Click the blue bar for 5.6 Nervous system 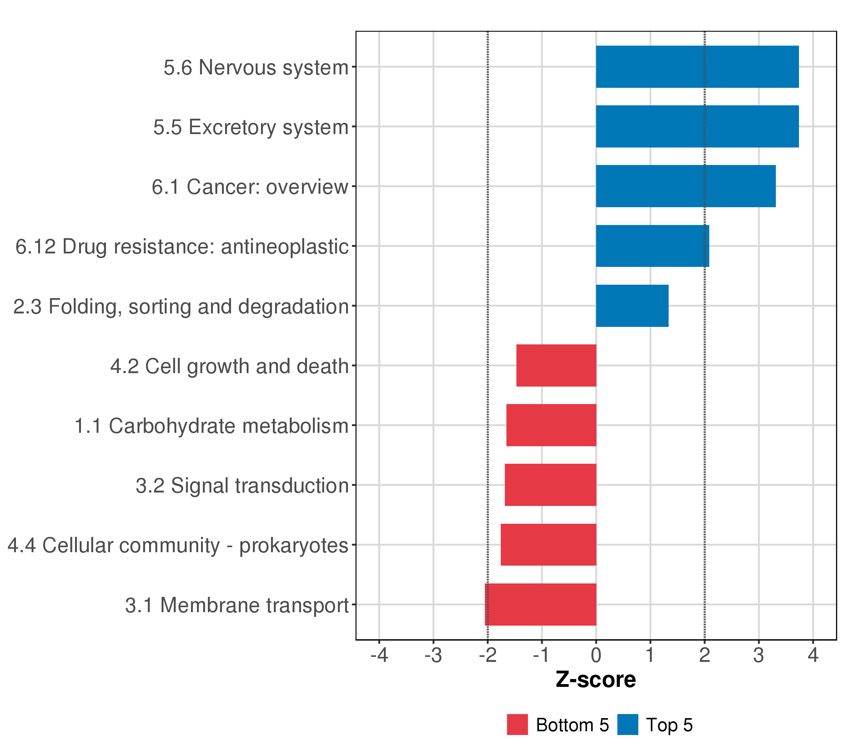[x=697, y=67]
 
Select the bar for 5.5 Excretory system [x=697, y=126]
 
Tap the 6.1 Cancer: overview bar [x=686, y=186]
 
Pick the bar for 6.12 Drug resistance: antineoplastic [x=652, y=246]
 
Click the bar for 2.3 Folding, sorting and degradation [x=632, y=306]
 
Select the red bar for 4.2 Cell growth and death [x=556, y=365]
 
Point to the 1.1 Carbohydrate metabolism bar [x=551, y=425]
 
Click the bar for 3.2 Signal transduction [x=550, y=485]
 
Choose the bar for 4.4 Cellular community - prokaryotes [x=548, y=545]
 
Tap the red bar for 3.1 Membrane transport [x=540, y=605]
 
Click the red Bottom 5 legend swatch [x=517, y=725]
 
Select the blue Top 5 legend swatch [x=628, y=725]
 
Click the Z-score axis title [x=595, y=679]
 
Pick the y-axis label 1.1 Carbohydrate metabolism [x=211, y=426]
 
